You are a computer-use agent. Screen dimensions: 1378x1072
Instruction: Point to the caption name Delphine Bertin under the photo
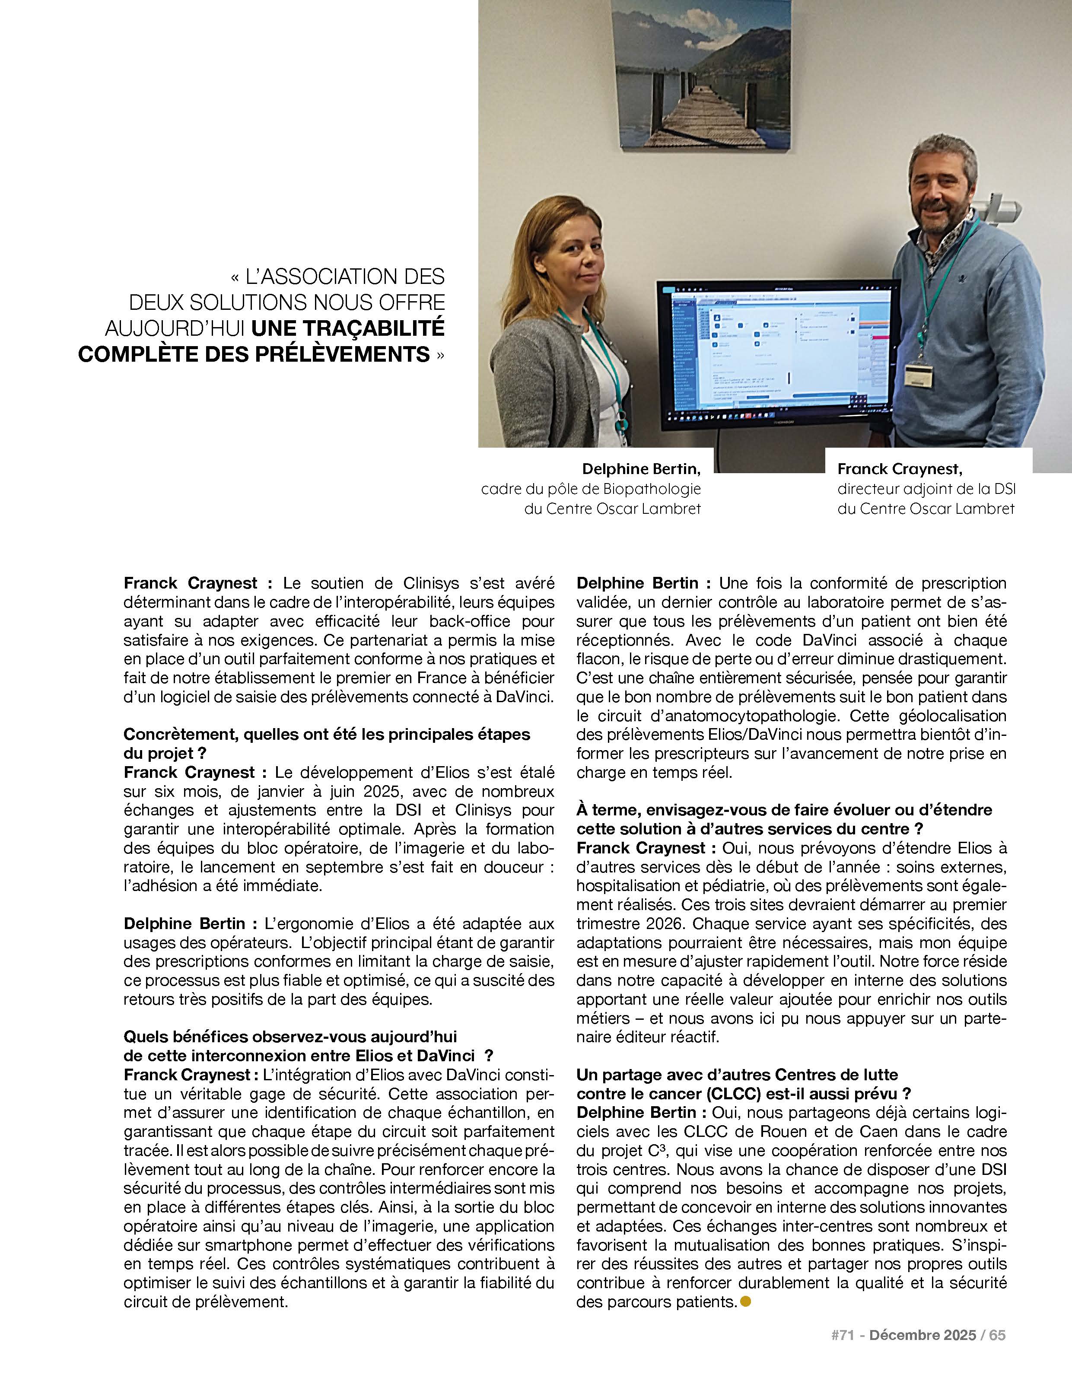[x=641, y=469]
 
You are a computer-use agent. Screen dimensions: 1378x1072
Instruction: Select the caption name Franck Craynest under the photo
[x=899, y=469]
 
